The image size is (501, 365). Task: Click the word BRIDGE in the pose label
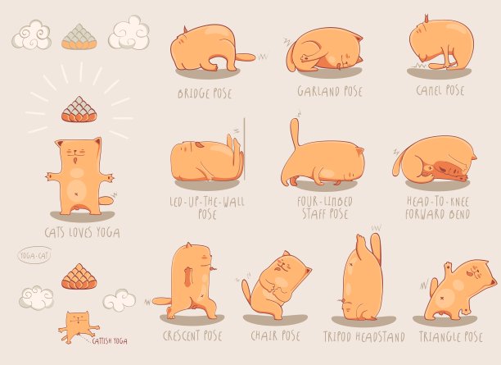click(x=192, y=94)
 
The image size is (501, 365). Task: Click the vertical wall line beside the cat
click(x=245, y=149)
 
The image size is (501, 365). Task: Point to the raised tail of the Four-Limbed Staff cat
click(x=296, y=133)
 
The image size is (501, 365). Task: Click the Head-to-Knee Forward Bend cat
click(x=436, y=159)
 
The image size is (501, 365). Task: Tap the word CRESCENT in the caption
click(x=181, y=335)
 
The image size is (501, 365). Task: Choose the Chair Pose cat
click(x=277, y=285)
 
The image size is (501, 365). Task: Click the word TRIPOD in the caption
click(x=336, y=337)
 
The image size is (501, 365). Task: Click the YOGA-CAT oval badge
click(x=34, y=256)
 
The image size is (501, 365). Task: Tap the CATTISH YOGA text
click(x=110, y=341)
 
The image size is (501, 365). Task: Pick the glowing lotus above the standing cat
click(x=79, y=110)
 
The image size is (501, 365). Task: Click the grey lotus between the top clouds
click(x=79, y=37)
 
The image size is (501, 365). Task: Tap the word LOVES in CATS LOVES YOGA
click(x=83, y=233)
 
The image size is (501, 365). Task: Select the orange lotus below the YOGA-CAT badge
click(x=79, y=276)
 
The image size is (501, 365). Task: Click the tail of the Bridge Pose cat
click(x=246, y=57)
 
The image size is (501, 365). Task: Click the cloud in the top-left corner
click(x=31, y=34)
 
